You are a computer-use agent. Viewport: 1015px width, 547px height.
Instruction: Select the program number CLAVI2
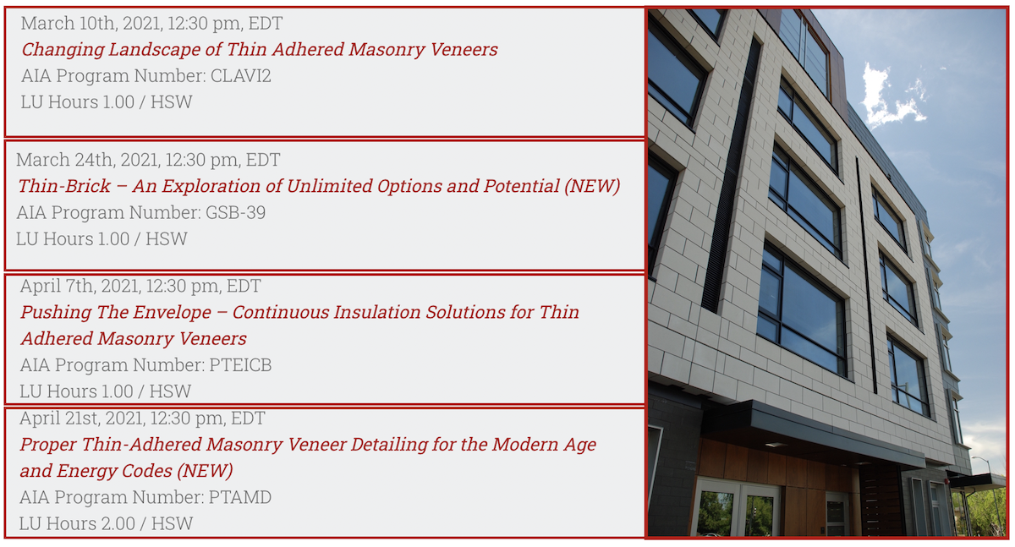pos(240,75)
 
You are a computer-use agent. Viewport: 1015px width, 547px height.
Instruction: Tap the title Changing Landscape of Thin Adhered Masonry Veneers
pos(260,50)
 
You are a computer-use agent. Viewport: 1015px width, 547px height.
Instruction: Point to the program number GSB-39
pos(236,212)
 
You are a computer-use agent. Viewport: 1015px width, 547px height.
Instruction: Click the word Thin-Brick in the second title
pos(64,186)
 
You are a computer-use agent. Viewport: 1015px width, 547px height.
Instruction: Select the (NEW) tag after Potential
pos(592,186)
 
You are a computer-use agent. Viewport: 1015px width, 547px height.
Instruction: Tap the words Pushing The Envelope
pos(116,313)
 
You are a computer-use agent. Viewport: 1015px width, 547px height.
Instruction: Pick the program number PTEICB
pos(240,365)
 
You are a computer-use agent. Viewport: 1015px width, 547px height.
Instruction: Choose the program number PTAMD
pos(239,497)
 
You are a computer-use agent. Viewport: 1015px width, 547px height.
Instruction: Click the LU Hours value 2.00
pos(118,524)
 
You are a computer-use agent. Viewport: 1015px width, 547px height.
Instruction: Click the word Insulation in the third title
pos(376,313)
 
